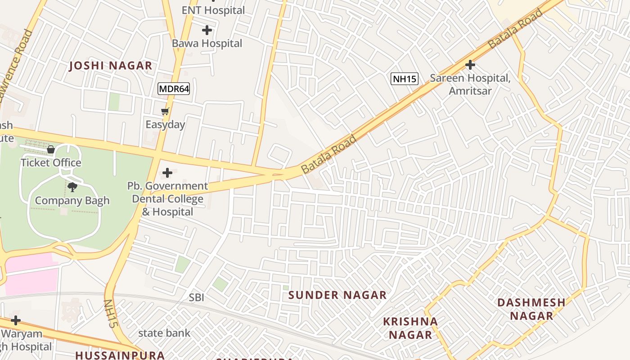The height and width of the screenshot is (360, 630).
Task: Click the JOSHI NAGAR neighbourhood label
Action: point(111,66)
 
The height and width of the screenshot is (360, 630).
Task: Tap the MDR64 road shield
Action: point(174,89)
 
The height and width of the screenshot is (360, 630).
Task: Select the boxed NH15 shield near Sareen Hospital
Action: point(405,79)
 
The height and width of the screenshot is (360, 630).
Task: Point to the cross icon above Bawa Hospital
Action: point(207,30)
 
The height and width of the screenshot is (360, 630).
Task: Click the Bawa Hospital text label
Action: point(207,44)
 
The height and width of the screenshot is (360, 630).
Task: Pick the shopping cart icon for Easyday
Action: point(165,111)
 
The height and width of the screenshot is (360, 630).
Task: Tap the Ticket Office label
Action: point(51,162)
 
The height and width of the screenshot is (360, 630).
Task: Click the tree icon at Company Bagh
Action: point(72,187)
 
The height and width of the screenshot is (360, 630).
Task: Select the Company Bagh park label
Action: point(72,201)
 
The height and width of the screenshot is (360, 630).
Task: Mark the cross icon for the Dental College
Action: point(167,172)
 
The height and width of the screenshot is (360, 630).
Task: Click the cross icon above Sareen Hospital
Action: point(470,65)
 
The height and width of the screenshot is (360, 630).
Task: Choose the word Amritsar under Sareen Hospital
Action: point(470,91)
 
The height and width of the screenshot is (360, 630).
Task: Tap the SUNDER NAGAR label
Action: point(337,295)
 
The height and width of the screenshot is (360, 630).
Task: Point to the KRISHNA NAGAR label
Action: point(410,328)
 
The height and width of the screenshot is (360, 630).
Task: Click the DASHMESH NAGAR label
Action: point(531,309)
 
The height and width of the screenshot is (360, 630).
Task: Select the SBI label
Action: point(197,297)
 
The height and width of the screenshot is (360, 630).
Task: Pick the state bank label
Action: point(164,333)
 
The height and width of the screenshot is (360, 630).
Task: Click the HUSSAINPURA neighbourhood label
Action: point(120,355)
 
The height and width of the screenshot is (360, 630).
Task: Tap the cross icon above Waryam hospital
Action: point(16,320)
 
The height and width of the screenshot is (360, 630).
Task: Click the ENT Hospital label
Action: point(213,10)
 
